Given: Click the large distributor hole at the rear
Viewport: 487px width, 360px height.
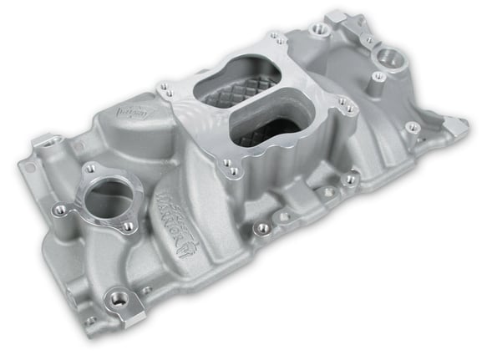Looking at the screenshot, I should [x=388, y=60].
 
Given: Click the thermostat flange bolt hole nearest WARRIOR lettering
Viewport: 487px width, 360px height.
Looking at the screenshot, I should [x=128, y=223].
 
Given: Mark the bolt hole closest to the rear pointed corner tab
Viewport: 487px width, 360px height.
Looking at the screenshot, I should [x=411, y=127].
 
